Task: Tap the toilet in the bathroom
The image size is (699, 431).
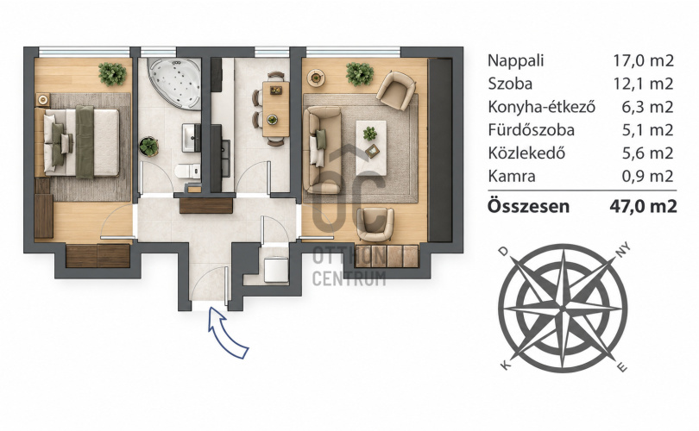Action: (187, 172)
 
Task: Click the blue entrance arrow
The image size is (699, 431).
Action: (225, 333)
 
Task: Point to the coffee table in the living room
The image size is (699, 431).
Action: (371, 147)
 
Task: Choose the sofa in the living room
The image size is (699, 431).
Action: (322, 150)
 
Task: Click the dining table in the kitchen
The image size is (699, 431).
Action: (276, 109)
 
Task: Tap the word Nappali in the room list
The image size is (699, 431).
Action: (516, 61)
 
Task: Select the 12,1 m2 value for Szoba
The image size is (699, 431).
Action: (643, 84)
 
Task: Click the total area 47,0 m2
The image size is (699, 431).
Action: (643, 206)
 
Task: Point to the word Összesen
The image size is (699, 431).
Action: (528, 206)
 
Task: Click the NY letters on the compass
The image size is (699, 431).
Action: (623, 250)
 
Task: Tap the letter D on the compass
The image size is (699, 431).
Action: (503, 252)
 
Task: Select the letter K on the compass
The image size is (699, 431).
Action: (505, 365)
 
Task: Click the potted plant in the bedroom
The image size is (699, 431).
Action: (112, 74)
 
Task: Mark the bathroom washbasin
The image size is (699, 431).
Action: (191, 138)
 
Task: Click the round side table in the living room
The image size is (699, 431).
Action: (316, 78)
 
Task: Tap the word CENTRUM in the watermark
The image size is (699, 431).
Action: (349, 278)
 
